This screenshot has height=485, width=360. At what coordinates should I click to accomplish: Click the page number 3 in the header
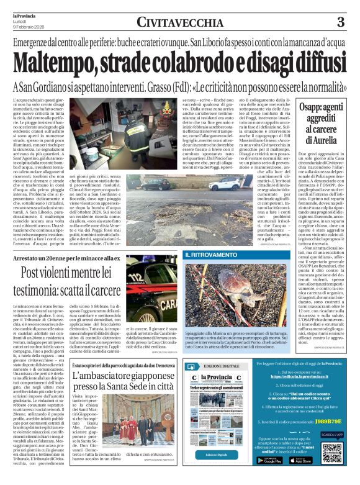(341, 22)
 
